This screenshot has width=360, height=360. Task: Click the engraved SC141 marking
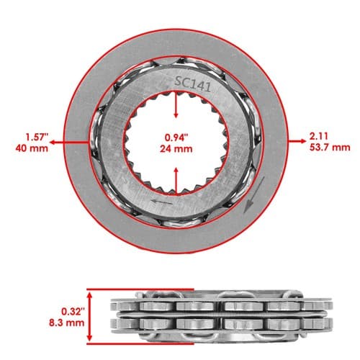click(x=193, y=84)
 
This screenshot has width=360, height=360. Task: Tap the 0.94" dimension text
click(x=176, y=138)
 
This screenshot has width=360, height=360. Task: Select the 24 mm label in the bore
click(x=176, y=149)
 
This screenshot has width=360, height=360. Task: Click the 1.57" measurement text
click(x=37, y=138)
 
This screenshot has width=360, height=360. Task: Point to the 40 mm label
click(x=32, y=148)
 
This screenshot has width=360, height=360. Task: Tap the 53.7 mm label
click(x=330, y=147)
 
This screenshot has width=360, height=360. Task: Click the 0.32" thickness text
click(x=73, y=312)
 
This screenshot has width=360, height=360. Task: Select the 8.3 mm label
click(x=67, y=323)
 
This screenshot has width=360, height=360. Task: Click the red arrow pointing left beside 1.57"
click(x=69, y=143)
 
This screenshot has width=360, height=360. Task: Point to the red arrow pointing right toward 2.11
click(x=297, y=141)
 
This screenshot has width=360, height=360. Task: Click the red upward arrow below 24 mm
click(x=176, y=181)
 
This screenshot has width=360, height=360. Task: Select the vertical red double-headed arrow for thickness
click(x=89, y=316)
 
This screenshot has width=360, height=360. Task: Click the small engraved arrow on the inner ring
click(x=161, y=202)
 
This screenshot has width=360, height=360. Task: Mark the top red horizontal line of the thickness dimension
click(x=140, y=289)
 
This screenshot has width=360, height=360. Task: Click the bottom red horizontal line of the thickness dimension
click(x=140, y=343)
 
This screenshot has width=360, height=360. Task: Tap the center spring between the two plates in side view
click(x=222, y=315)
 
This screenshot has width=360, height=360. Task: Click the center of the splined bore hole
click(x=176, y=143)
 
